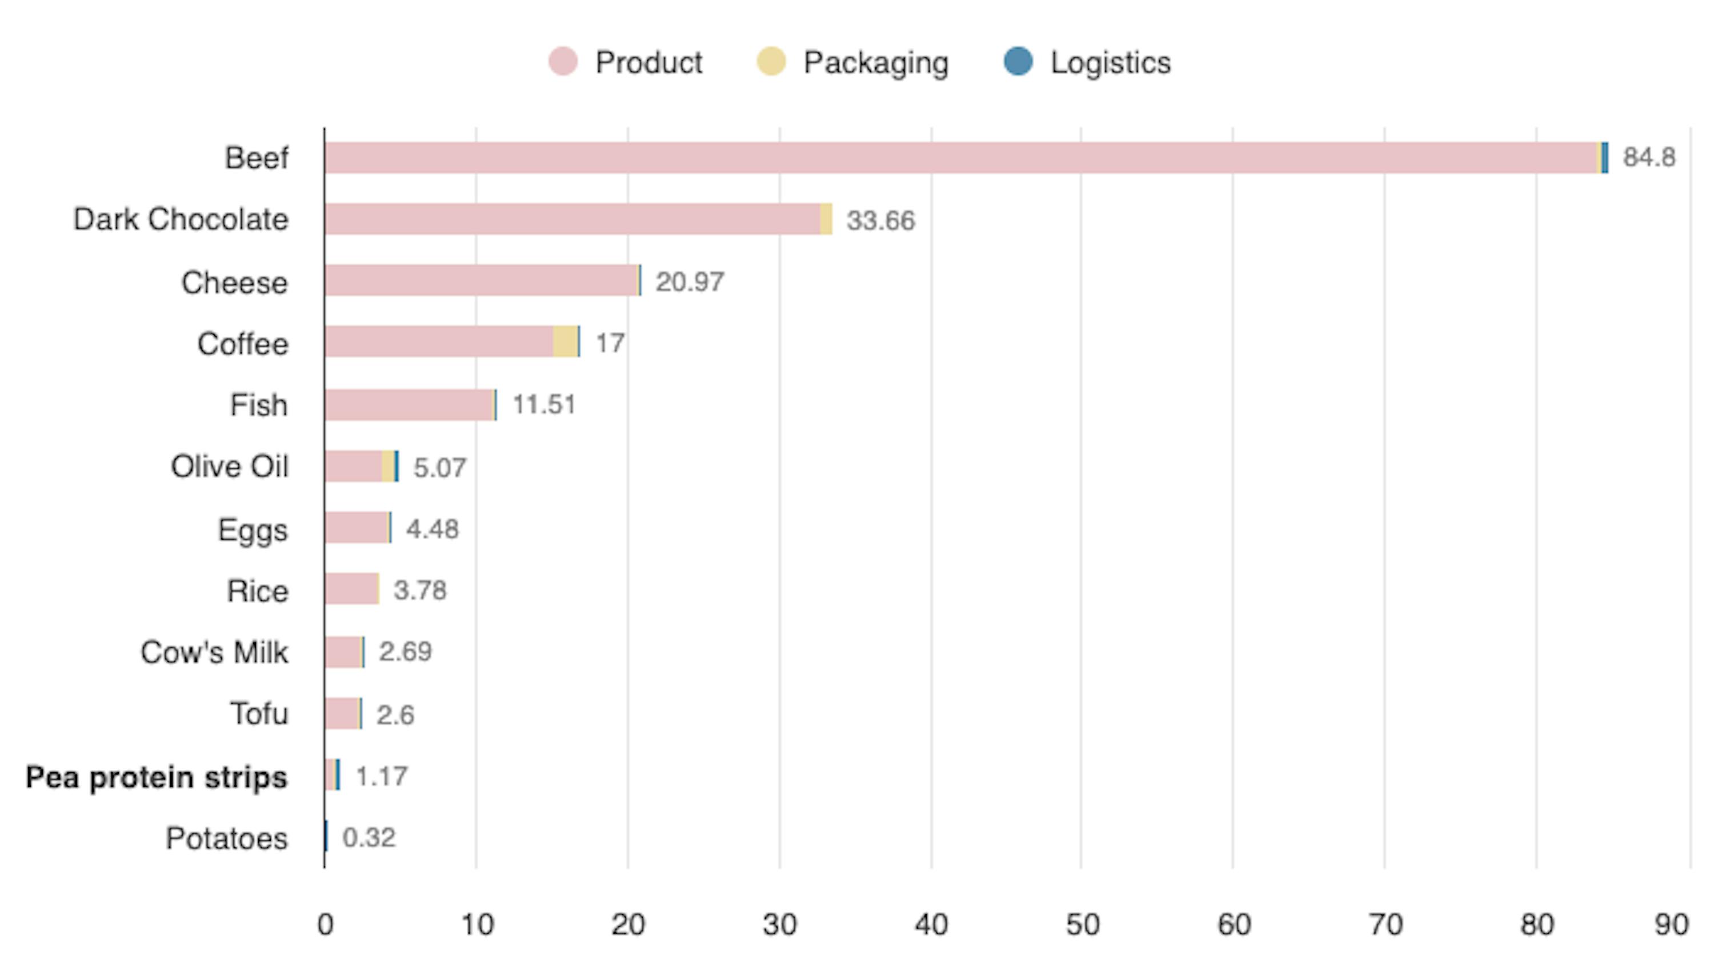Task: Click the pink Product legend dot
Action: (x=562, y=62)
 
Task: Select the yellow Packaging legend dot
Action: (x=771, y=62)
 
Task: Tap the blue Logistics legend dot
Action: (x=1018, y=62)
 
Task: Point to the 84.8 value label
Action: (x=1648, y=157)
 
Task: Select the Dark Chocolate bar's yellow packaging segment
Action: (x=826, y=219)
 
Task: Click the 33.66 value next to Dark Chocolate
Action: (x=880, y=220)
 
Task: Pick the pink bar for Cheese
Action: (x=481, y=280)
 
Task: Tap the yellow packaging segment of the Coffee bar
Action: (x=565, y=342)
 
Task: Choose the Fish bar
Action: (x=410, y=405)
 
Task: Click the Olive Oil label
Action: (x=229, y=466)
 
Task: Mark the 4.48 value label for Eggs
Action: (x=432, y=529)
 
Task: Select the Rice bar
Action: (x=351, y=589)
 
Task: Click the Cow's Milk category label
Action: (x=214, y=652)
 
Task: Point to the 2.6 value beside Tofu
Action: (x=395, y=715)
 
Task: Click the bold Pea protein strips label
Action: (x=156, y=777)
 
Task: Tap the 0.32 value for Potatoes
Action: (x=369, y=838)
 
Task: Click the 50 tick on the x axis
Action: (x=1082, y=925)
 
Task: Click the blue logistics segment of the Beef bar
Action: (x=1605, y=158)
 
